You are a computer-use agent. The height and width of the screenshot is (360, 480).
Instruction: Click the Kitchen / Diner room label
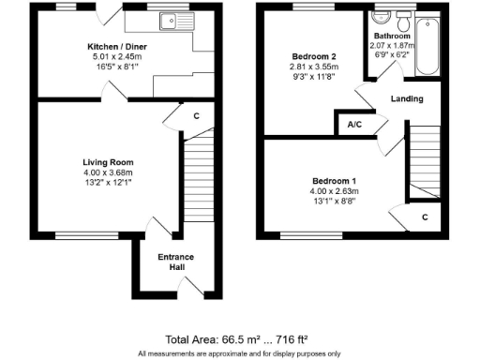pos(110,46)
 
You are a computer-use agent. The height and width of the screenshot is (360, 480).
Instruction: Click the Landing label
pos(406,98)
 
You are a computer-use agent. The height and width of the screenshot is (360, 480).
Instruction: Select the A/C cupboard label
pos(354,124)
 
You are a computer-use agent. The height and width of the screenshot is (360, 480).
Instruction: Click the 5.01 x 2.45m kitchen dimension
pos(110,56)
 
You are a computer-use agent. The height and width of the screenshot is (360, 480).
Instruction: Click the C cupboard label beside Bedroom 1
pos(425,217)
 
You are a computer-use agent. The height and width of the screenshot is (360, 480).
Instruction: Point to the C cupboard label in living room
pos(196,116)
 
